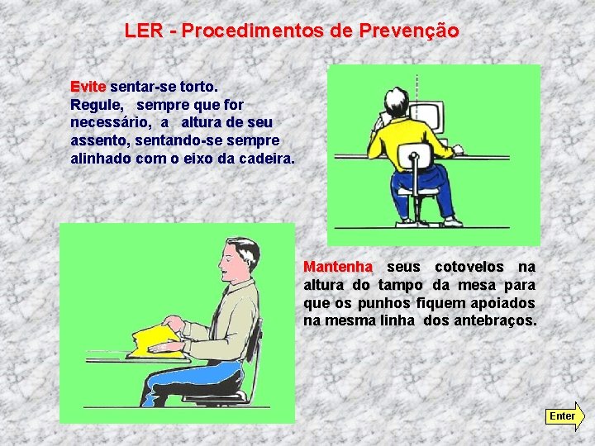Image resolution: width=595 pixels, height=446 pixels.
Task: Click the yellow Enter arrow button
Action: [x=565, y=416]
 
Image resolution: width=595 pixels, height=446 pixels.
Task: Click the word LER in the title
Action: [x=144, y=31]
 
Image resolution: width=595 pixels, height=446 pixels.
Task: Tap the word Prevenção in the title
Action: [x=409, y=31]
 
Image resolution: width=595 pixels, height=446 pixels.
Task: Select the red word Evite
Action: [x=88, y=87]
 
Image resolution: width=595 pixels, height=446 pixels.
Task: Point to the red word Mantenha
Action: [x=338, y=267]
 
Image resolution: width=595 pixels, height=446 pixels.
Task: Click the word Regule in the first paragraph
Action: [x=98, y=106]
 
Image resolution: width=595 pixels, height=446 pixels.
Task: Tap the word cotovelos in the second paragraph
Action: [x=469, y=267]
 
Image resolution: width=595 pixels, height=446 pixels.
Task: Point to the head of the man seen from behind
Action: [x=397, y=102]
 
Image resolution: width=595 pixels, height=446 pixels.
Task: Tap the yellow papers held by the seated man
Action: [x=156, y=340]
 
